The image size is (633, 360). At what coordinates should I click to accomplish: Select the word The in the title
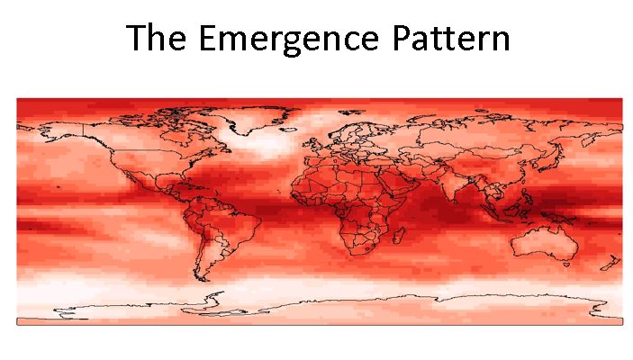tap(158, 39)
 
